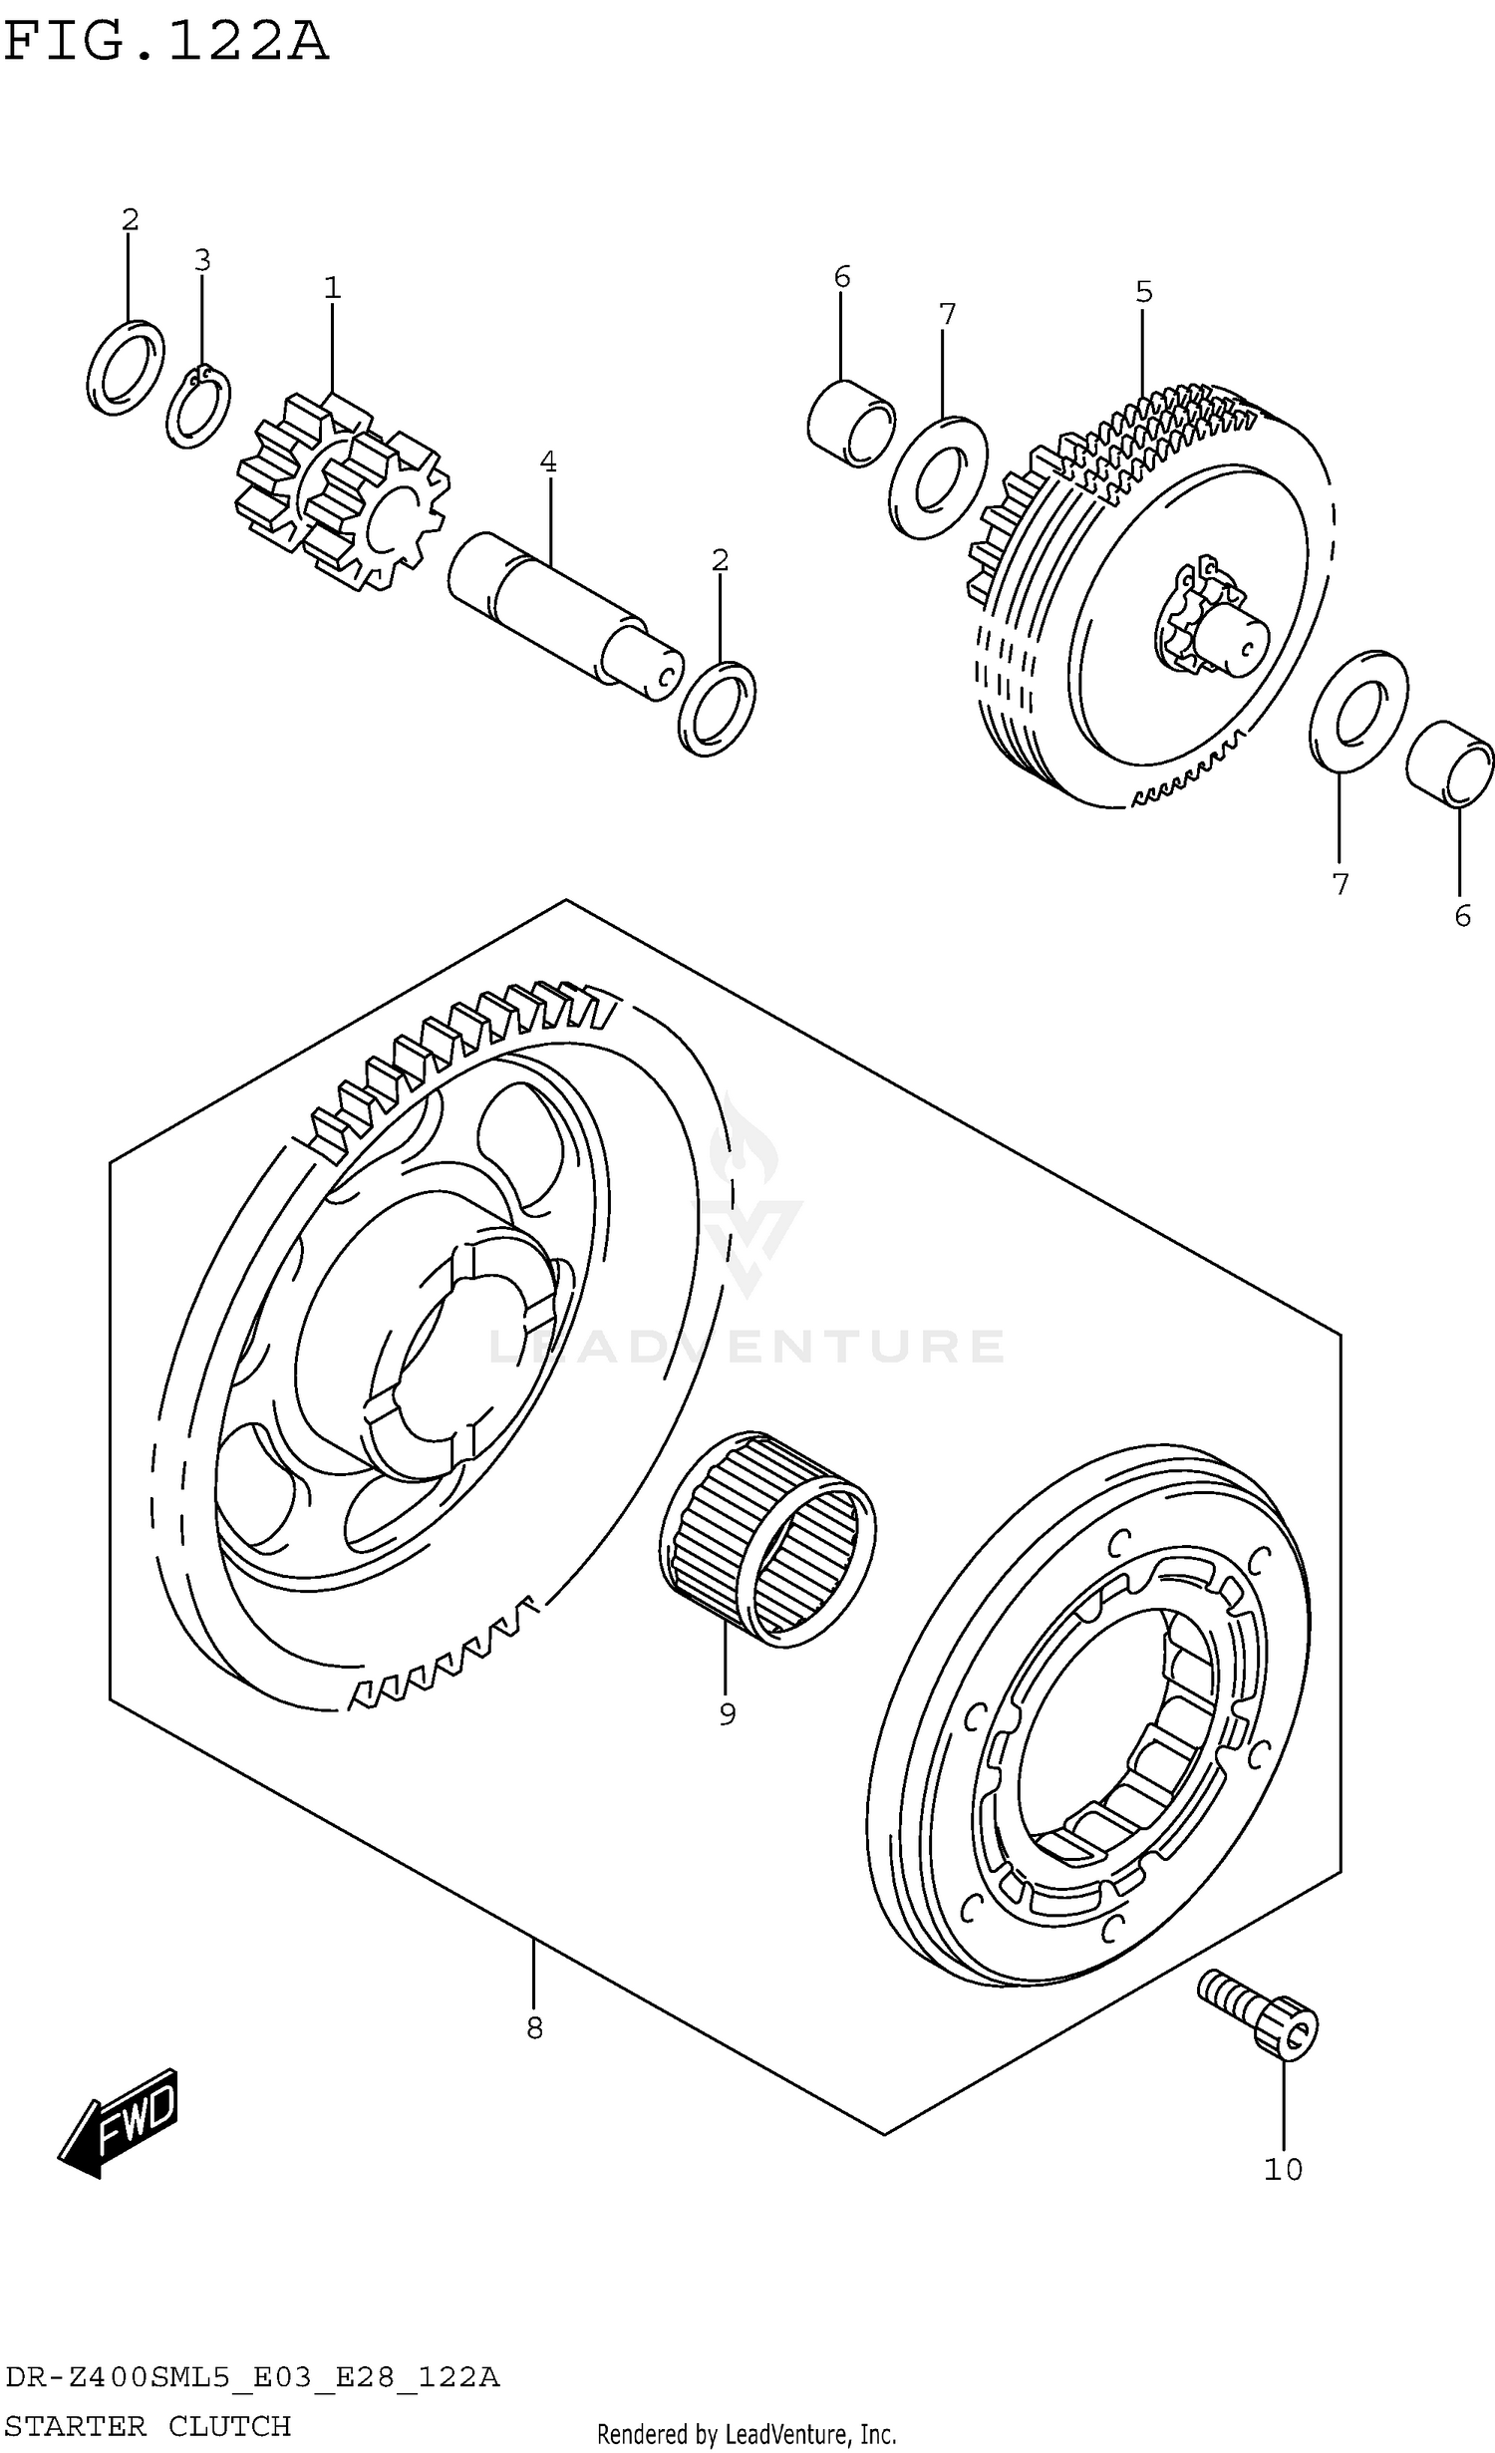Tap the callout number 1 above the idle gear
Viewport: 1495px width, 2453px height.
click(x=332, y=289)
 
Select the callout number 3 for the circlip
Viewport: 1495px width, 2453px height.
click(x=202, y=261)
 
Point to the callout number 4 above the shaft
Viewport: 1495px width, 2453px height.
click(x=548, y=462)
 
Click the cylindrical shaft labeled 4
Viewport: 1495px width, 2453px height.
click(x=563, y=615)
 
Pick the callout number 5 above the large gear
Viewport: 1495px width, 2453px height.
click(x=1143, y=293)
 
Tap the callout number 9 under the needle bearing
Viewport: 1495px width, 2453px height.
click(x=727, y=1714)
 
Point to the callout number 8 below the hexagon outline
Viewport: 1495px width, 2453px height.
click(x=534, y=2027)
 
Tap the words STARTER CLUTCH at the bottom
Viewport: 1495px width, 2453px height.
click(x=148, y=2426)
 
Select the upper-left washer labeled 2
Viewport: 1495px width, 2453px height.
click(x=126, y=367)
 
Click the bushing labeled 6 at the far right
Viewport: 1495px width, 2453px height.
click(x=1449, y=764)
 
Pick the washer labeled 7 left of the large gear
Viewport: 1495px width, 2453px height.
click(x=937, y=476)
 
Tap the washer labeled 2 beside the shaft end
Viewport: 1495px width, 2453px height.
click(x=717, y=709)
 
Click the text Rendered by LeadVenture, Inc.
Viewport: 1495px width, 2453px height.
click(x=747, y=2434)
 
